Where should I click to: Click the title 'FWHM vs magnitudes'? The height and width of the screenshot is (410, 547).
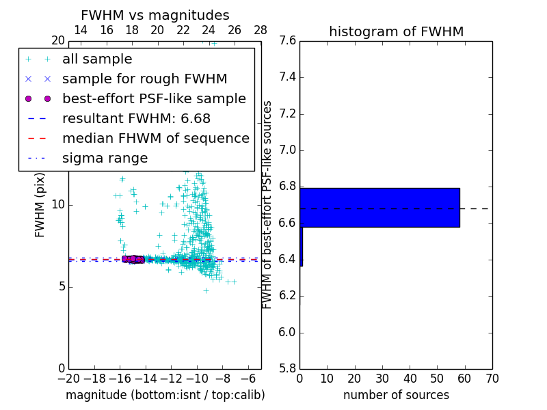coord(155,15)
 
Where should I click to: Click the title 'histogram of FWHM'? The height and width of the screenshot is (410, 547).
coord(396,31)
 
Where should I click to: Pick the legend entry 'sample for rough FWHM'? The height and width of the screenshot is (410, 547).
coord(144,79)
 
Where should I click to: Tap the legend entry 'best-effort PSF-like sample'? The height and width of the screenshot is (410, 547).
coord(154,99)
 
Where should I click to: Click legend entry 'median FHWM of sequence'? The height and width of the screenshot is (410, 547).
coord(155,138)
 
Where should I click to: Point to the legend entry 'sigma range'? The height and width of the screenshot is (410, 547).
coord(105,158)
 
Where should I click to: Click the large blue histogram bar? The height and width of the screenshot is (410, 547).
coord(380,207)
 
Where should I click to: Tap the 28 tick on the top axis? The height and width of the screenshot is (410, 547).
coord(261,30)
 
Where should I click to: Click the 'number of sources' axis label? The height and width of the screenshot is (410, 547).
coord(396,395)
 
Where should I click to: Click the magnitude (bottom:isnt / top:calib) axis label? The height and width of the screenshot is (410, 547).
coord(165,395)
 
